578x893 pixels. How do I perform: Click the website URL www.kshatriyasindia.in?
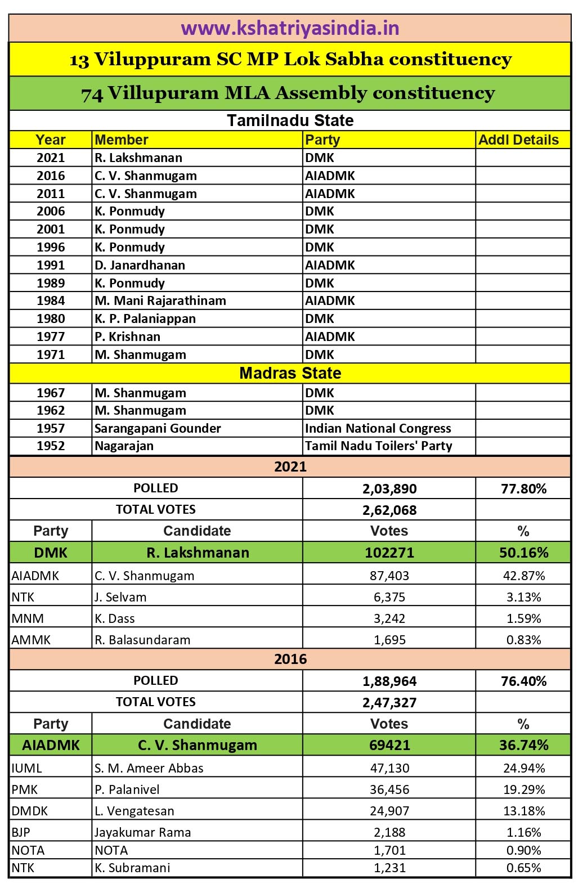tap(290, 28)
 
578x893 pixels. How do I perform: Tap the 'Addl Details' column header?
tap(518, 140)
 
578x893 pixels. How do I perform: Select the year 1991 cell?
tap(51, 265)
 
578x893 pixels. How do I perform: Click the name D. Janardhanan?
tap(140, 265)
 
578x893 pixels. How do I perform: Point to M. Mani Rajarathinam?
tap(160, 300)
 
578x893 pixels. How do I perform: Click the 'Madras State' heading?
tap(290, 373)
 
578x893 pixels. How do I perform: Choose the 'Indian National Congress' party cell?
tap(378, 428)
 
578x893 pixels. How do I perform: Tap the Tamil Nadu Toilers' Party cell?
tap(378, 446)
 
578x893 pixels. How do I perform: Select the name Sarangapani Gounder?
tap(158, 428)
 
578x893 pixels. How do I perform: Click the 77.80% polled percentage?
tap(523, 488)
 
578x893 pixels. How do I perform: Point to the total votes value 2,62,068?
tap(389, 510)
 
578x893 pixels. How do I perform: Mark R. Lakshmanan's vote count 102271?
tap(389, 553)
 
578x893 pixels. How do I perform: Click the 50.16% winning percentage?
tap(523, 553)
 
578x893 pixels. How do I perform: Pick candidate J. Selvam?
tap(120, 597)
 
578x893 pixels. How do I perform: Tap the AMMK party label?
tap(31, 640)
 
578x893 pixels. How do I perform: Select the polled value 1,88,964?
tap(389, 681)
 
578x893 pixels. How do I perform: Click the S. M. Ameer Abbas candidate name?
tap(149, 768)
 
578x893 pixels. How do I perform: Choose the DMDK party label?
tap(30, 811)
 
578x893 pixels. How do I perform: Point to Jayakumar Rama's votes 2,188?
tap(389, 832)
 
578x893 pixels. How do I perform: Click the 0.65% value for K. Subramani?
tap(523, 868)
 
